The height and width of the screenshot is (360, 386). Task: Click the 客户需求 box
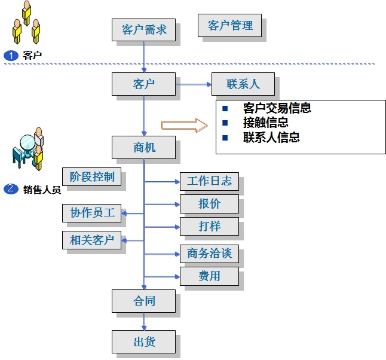(x=144, y=29)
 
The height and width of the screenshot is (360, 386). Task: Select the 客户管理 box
(x=230, y=26)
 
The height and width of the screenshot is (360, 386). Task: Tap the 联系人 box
(x=243, y=84)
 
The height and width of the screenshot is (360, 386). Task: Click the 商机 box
(x=144, y=147)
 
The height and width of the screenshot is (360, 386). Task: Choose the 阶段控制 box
(x=91, y=176)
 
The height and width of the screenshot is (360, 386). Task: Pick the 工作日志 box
(x=209, y=181)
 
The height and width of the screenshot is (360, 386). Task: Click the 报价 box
(x=209, y=204)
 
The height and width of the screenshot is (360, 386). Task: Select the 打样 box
(x=209, y=227)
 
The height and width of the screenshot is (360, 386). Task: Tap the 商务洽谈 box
(x=209, y=254)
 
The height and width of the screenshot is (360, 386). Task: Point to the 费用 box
(x=209, y=276)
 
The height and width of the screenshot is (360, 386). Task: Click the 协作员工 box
(x=91, y=212)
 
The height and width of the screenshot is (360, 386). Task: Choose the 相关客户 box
(x=91, y=240)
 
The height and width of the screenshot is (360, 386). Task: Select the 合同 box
(x=144, y=301)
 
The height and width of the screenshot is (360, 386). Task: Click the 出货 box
(x=144, y=342)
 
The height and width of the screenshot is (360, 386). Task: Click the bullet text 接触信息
(x=266, y=123)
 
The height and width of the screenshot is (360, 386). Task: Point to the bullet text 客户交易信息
(x=277, y=108)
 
